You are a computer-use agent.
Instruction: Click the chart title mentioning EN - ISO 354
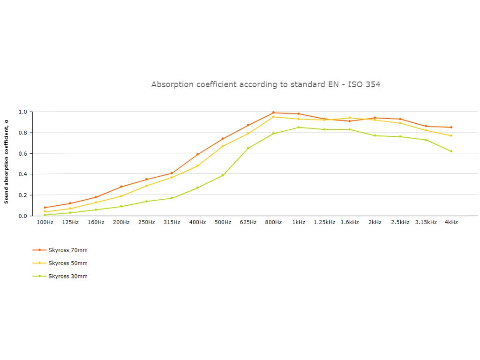[266, 84]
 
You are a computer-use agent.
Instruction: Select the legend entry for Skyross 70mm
[67, 250]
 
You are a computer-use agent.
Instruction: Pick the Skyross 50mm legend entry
[67, 263]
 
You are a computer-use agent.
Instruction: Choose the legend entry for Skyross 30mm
[67, 276]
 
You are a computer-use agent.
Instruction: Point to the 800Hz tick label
[273, 222]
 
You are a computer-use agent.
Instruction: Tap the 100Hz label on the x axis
[45, 222]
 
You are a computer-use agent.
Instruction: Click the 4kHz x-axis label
[451, 222]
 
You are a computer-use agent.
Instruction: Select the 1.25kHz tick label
[324, 222]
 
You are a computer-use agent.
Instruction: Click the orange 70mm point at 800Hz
[273, 112]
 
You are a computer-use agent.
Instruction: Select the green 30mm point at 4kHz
[451, 151]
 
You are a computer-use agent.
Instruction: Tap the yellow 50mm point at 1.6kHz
[350, 118]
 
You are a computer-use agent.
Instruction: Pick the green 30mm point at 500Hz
[223, 175]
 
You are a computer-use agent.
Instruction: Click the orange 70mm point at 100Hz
[45, 207]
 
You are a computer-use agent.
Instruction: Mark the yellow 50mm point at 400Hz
[197, 166]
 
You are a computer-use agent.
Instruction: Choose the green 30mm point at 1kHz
[299, 127]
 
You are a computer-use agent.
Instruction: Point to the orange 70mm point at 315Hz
[172, 173]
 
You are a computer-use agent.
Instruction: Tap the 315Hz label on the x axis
[172, 222]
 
